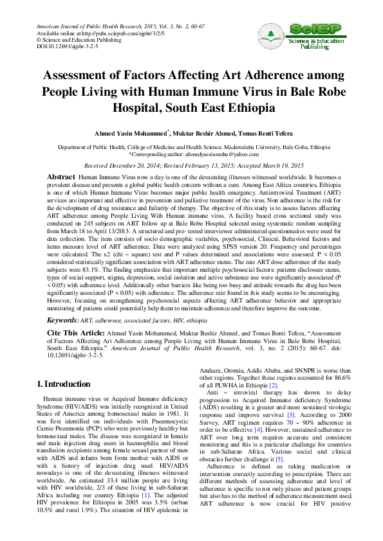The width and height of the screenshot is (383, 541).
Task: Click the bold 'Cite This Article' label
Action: pyautogui.click(x=77, y=332)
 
